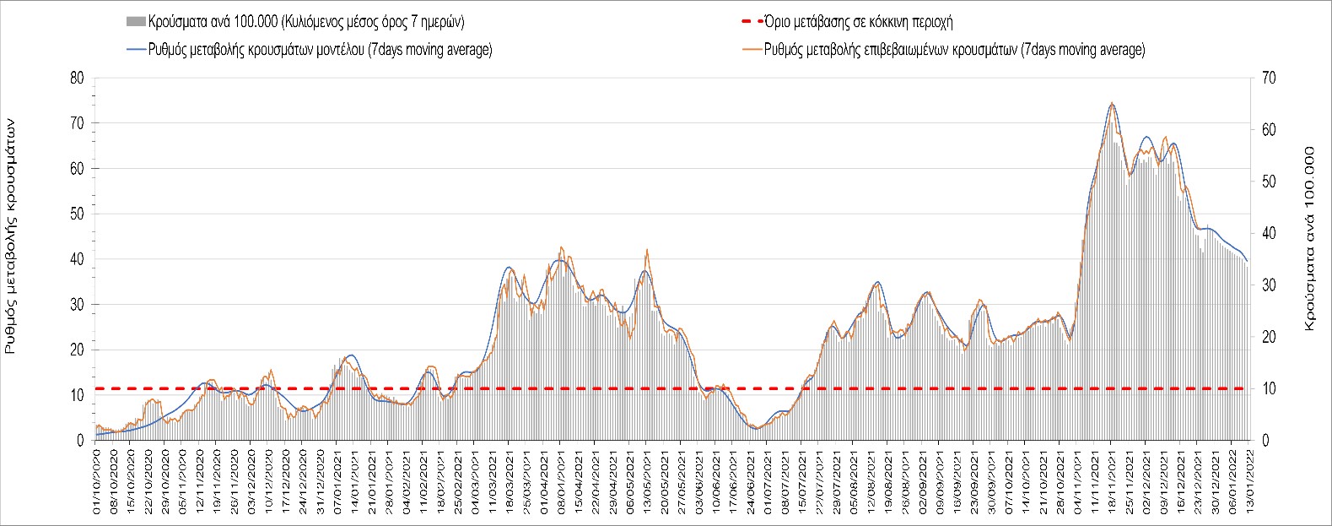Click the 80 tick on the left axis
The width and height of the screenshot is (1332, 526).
(x=77, y=78)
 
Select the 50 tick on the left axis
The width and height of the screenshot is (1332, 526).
(x=77, y=214)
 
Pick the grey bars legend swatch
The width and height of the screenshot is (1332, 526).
(x=135, y=22)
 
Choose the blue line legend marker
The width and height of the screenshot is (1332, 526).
(x=135, y=50)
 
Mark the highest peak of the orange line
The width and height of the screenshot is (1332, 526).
(x=1112, y=103)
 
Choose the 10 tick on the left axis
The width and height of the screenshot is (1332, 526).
(x=77, y=395)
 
